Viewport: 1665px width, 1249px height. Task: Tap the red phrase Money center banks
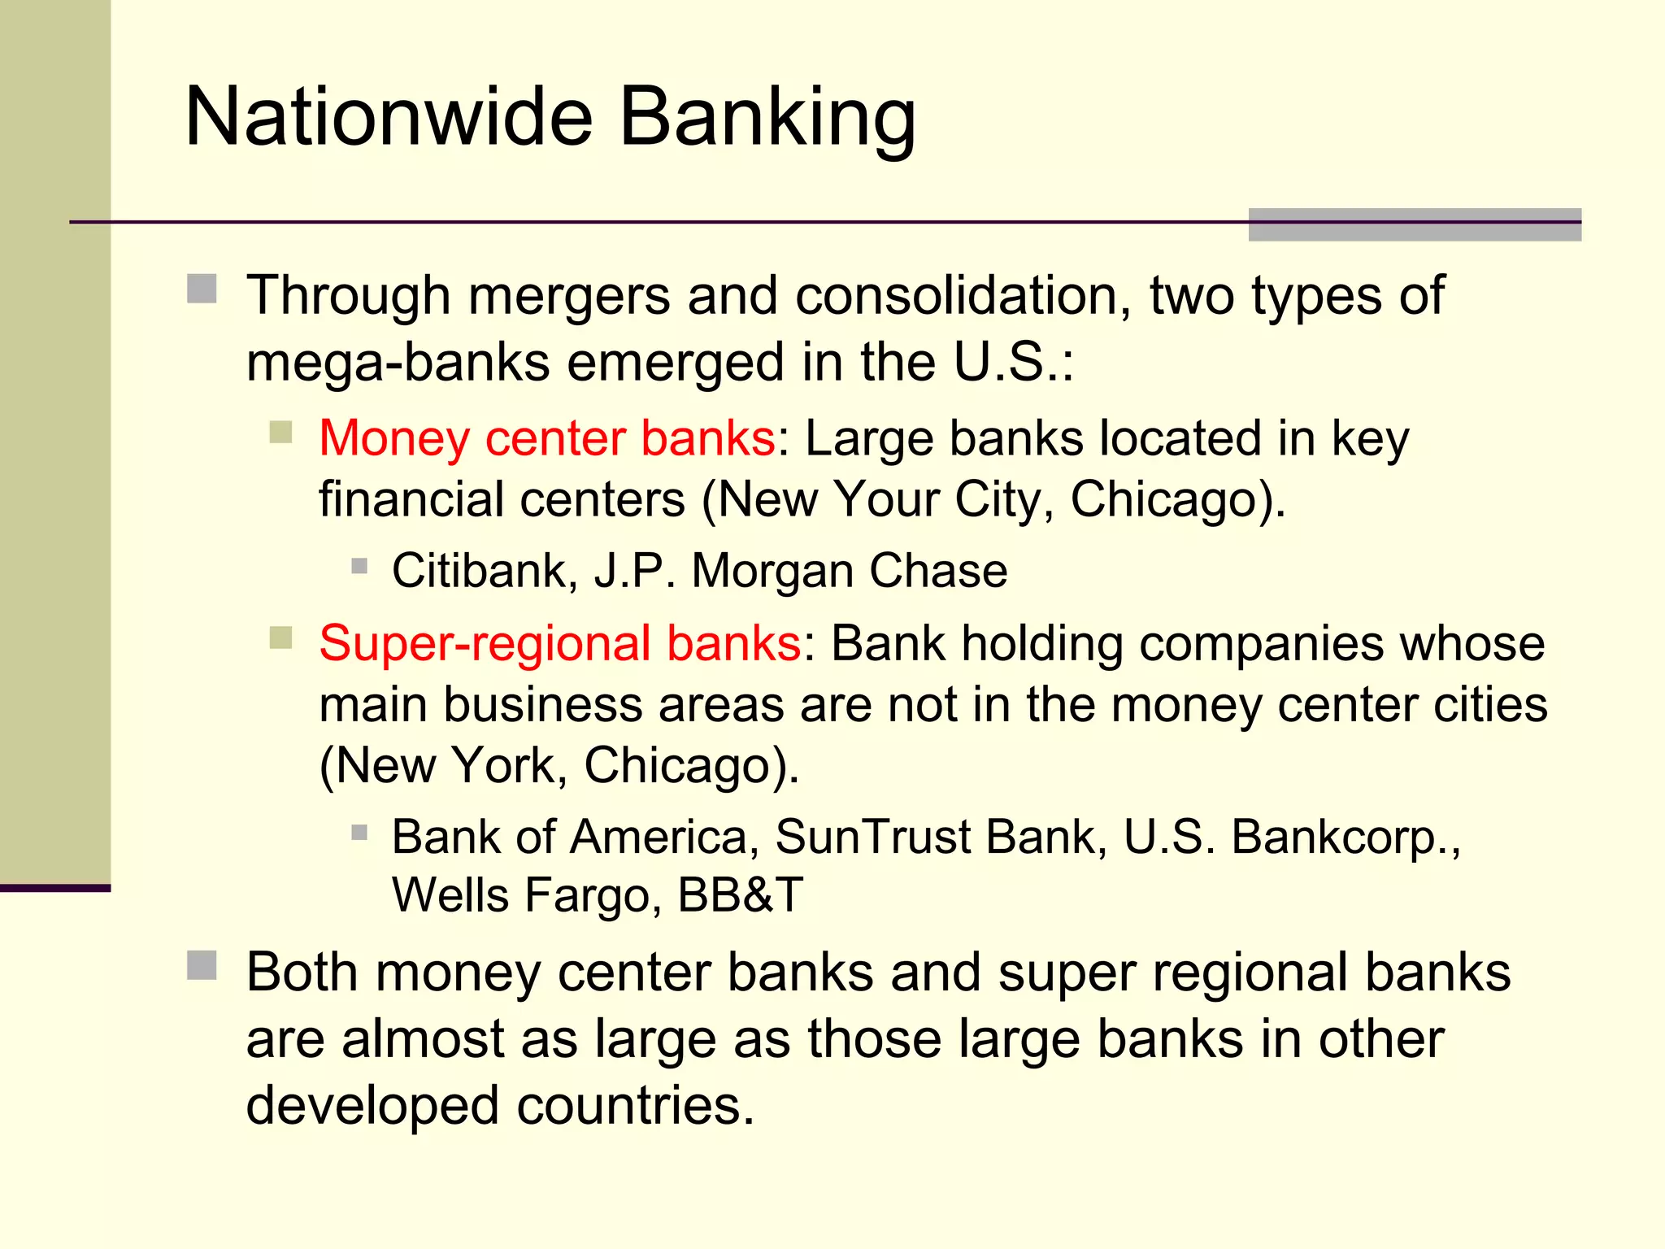(x=547, y=438)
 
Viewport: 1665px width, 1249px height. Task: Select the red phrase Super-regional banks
(x=560, y=643)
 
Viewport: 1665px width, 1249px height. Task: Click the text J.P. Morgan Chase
(x=801, y=570)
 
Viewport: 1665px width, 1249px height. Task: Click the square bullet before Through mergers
(x=202, y=289)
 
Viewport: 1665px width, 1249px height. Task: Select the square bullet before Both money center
(x=202, y=965)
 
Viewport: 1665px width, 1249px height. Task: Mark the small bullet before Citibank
(x=359, y=565)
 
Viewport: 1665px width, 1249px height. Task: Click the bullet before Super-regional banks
(x=280, y=638)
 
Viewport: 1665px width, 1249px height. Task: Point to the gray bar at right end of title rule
(x=1414, y=224)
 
